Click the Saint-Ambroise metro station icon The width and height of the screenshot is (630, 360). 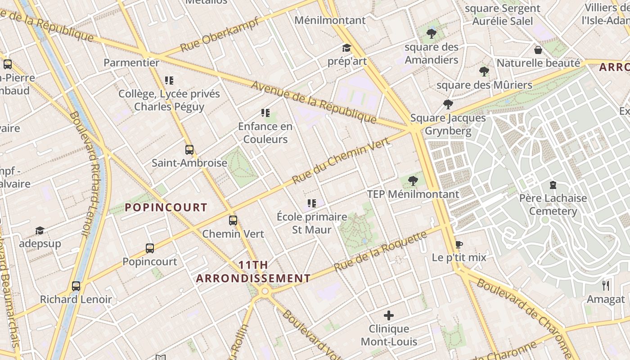[189, 150]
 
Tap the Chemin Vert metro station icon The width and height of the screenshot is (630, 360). [233, 220]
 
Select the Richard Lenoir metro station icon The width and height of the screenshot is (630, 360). [76, 286]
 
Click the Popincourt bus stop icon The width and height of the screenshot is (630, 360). [150, 248]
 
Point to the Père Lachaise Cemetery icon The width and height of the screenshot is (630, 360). [553, 185]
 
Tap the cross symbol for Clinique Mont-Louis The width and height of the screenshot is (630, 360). [389, 315]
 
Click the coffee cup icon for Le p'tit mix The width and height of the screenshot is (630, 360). [459, 244]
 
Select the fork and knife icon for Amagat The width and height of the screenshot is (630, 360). [606, 286]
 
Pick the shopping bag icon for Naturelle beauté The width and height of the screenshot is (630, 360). [538, 49]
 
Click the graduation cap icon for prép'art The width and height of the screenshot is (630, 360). [346, 48]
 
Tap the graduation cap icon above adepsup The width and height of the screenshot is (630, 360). [40, 230]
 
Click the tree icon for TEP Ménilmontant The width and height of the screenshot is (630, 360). [413, 181]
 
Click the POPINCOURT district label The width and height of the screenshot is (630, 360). [166, 207]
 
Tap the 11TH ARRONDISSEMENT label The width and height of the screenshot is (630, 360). [253, 272]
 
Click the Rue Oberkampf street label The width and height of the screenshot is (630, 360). [220, 34]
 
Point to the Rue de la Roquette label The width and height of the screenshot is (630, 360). [381, 252]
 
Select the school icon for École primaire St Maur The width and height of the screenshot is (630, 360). [311, 204]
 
